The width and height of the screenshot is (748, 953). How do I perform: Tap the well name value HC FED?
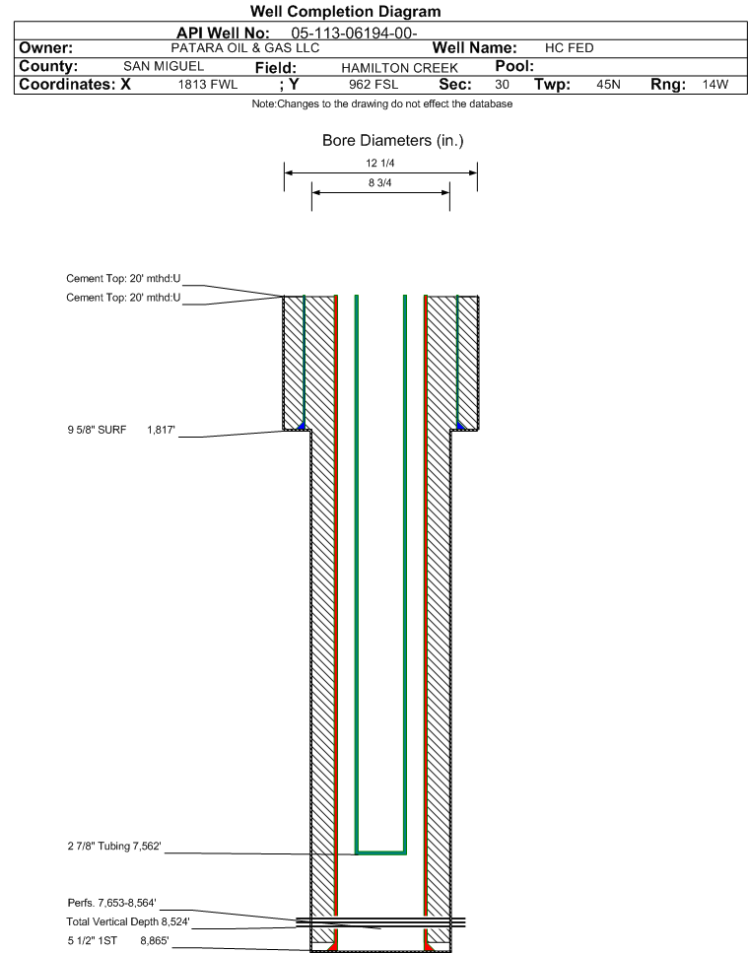(x=569, y=48)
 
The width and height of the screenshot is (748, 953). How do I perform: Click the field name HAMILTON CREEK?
(x=398, y=67)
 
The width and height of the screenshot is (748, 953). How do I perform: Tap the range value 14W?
(x=714, y=85)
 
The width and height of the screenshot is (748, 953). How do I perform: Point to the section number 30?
(x=502, y=85)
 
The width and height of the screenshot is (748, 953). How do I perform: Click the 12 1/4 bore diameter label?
(x=379, y=164)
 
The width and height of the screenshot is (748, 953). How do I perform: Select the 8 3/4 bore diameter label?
(x=379, y=182)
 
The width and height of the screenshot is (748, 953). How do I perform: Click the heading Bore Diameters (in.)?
(x=392, y=141)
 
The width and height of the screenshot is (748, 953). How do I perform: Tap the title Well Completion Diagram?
(x=346, y=12)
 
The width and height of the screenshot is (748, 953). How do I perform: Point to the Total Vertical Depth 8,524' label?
(x=121, y=921)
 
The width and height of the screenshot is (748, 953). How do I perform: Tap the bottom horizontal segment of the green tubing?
(x=380, y=851)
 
